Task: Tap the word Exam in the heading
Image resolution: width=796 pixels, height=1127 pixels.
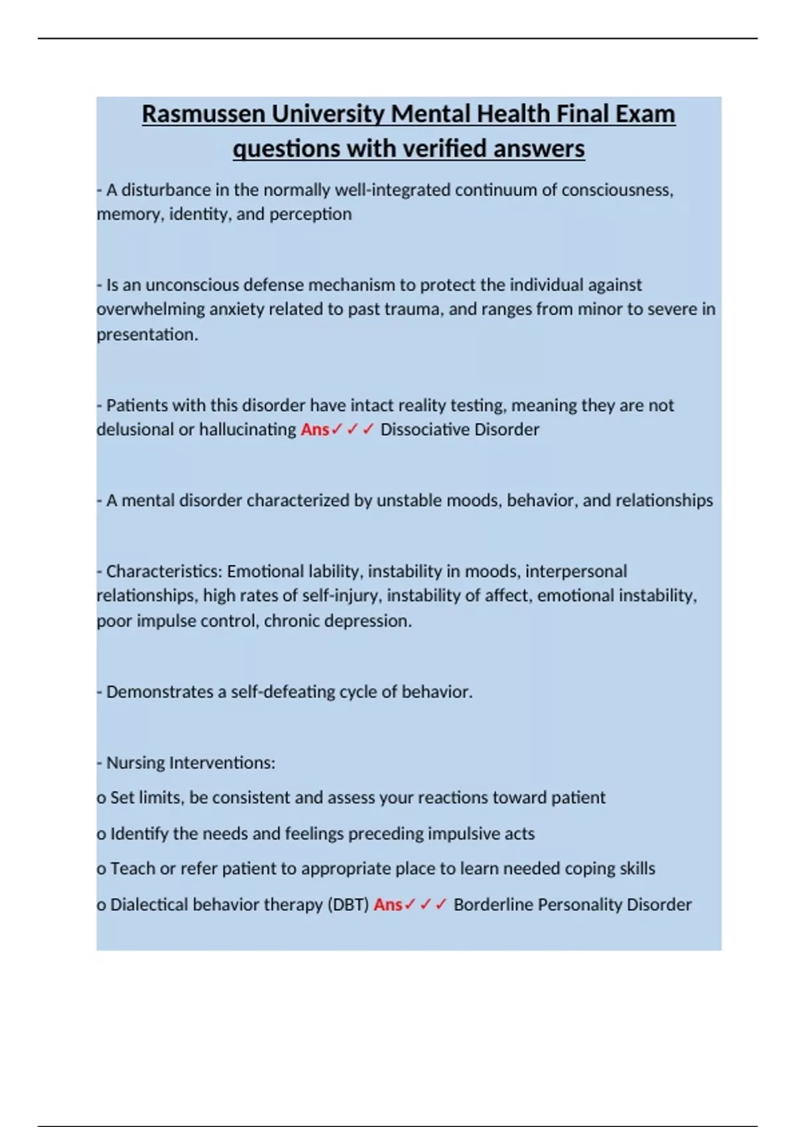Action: click(645, 114)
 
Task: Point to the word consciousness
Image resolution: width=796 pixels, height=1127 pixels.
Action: click(617, 190)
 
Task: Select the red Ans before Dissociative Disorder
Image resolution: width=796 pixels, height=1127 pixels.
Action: click(315, 430)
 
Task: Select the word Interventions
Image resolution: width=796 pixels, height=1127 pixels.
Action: click(222, 763)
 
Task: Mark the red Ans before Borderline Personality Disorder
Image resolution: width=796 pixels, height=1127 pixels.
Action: click(388, 905)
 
